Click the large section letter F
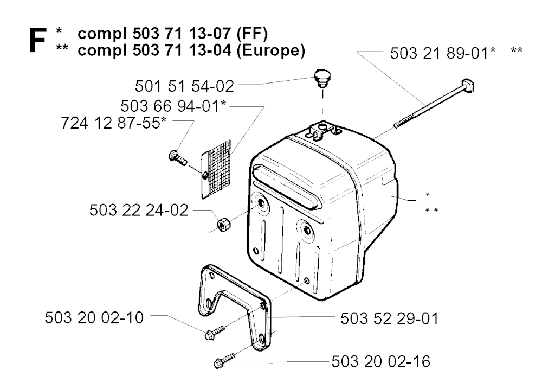[37, 41]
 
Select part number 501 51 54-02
[184, 86]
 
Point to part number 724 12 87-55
[110, 123]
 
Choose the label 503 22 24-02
[139, 210]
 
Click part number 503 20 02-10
[94, 317]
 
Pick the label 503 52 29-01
[389, 318]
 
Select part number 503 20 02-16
[381, 362]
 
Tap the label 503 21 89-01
[439, 54]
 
